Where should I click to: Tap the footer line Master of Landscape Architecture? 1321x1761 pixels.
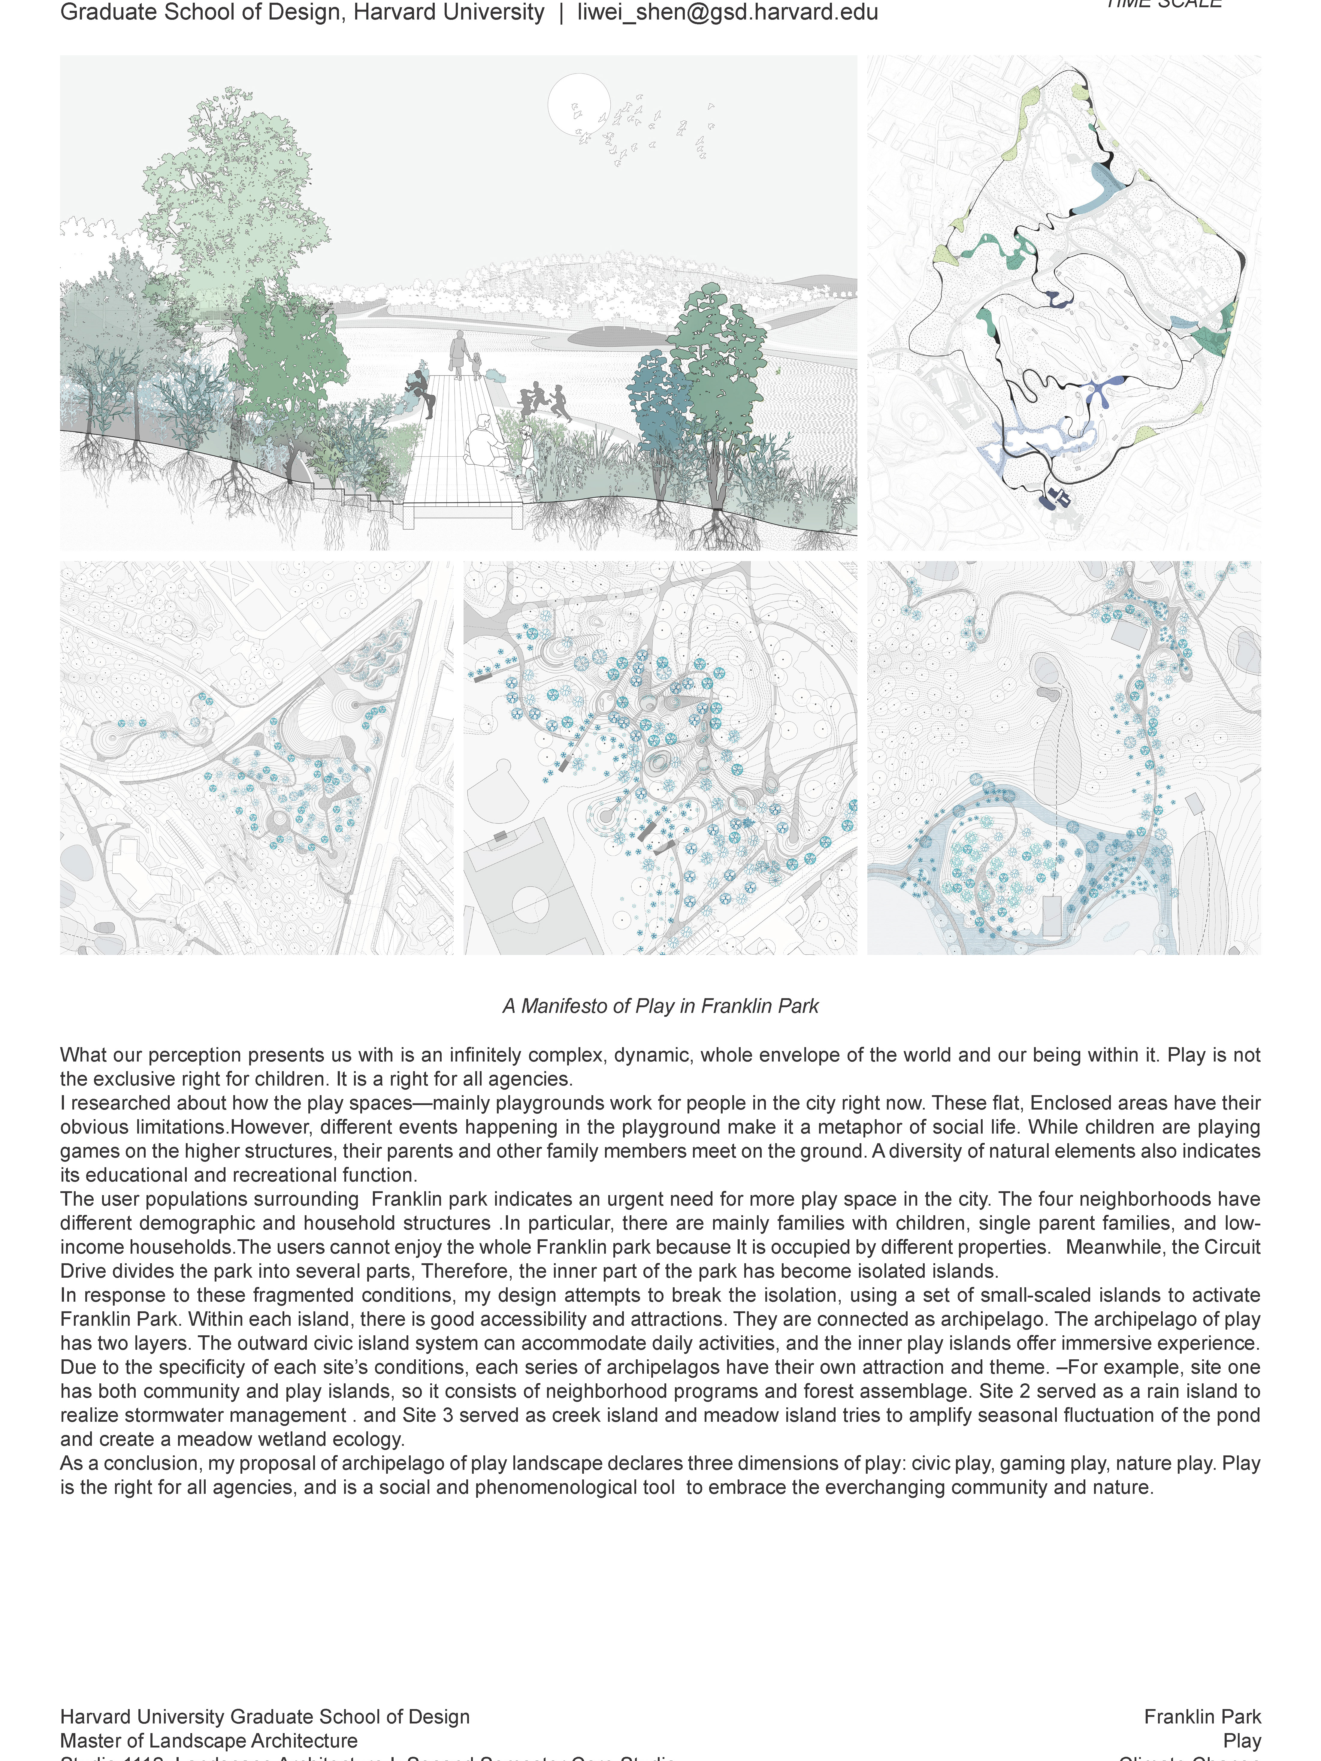coord(209,1740)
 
